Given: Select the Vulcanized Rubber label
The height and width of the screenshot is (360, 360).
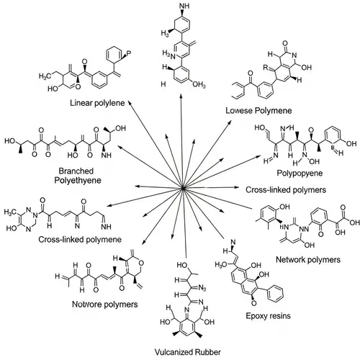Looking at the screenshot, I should click(184, 352).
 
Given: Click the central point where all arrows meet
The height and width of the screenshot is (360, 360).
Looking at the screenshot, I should click(184, 189).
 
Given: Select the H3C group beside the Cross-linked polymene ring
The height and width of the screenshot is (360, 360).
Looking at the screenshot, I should click(10, 214).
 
